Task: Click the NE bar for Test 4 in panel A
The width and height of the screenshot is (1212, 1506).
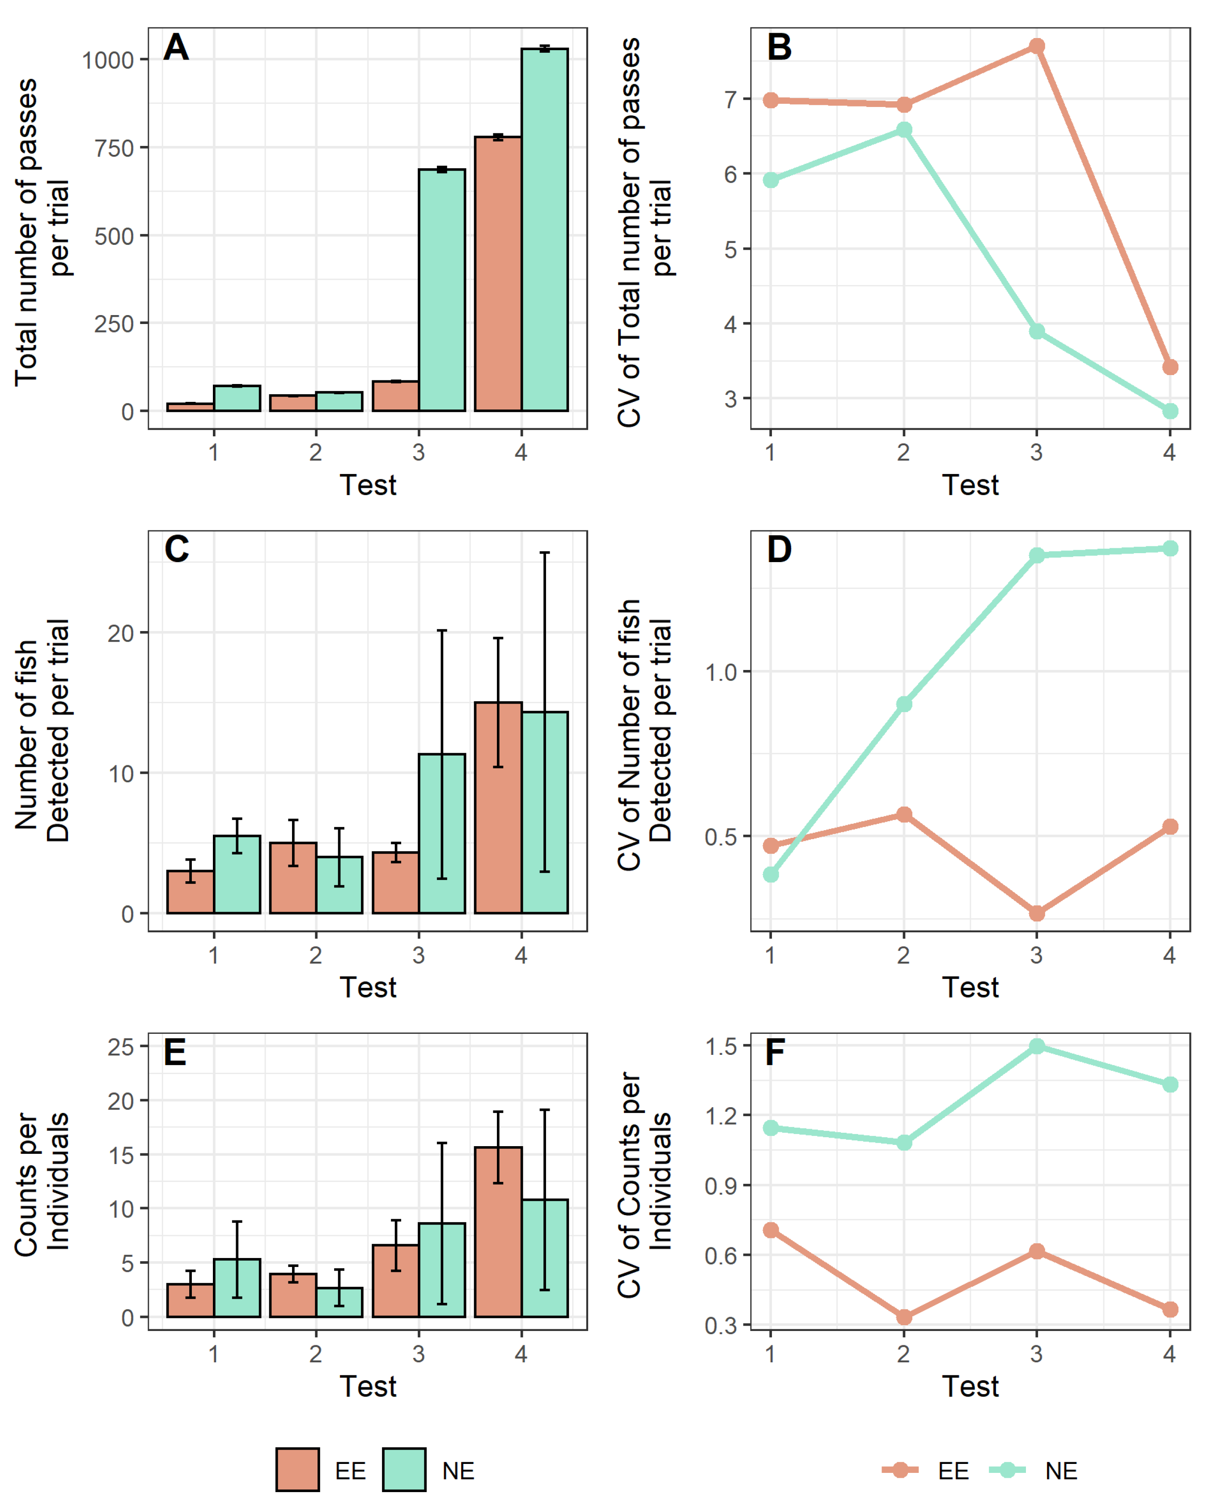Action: (x=545, y=230)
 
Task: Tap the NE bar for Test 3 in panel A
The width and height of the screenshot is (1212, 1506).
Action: (x=442, y=290)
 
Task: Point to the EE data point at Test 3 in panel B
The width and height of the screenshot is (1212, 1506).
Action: (x=1037, y=46)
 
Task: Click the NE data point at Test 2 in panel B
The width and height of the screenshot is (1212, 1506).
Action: (x=903, y=130)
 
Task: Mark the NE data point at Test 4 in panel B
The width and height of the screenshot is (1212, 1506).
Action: (x=1170, y=411)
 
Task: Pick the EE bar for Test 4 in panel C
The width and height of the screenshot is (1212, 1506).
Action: (x=498, y=807)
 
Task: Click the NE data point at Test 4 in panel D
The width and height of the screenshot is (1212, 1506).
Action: (x=1170, y=548)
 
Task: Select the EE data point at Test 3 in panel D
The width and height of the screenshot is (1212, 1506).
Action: (x=1037, y=913)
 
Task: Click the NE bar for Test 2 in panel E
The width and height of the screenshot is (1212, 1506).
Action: (x=339, y=1303)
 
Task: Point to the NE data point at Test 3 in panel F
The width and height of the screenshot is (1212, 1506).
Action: (x=1037, y=1045)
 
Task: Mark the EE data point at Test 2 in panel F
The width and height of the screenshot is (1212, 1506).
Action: (x=903, y=1317)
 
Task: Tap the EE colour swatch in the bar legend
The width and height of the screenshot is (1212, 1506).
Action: (x=297, y=1470)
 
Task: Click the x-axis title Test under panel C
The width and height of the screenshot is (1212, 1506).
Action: (x=368, y=987)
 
